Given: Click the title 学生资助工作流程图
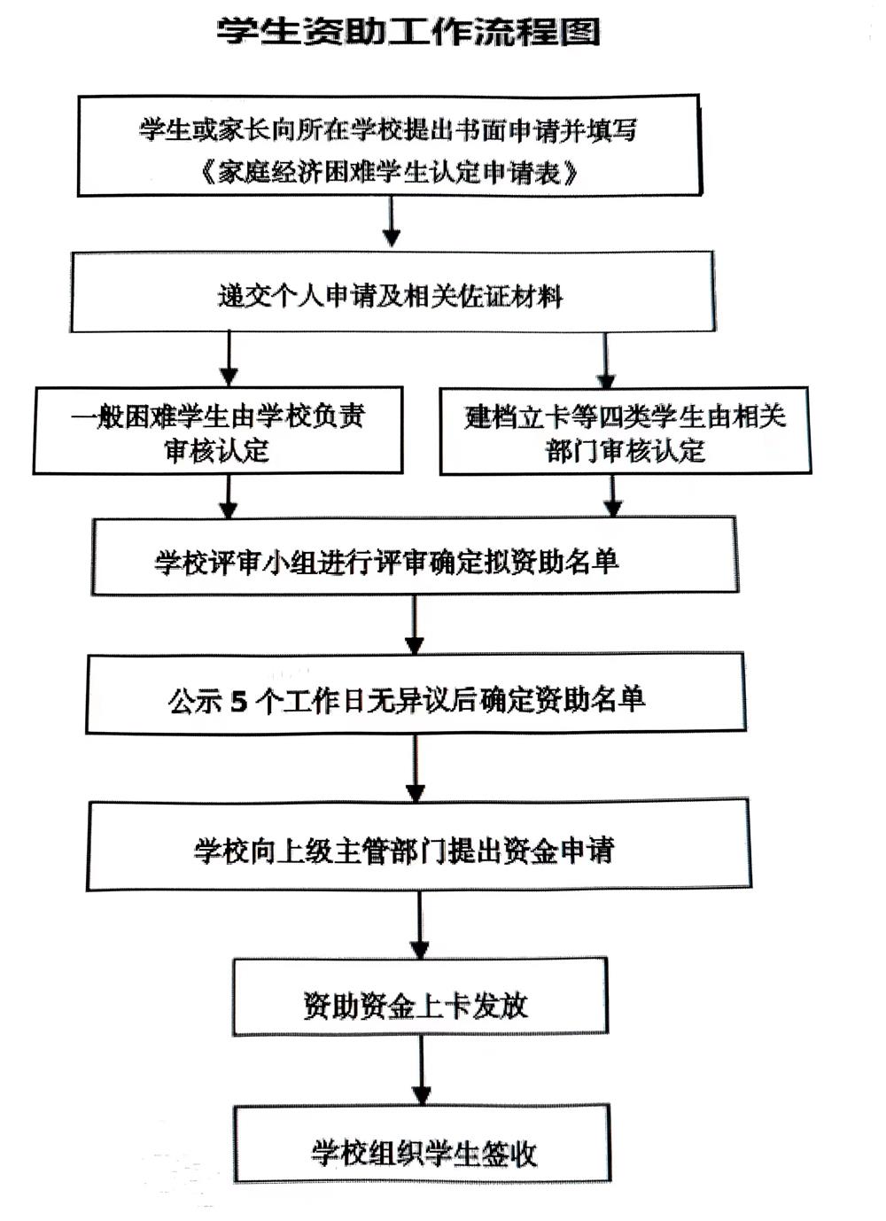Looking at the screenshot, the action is tap(408, 32).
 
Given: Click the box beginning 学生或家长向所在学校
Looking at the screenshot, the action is tap(390, 146).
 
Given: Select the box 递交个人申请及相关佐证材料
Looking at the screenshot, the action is tap(392, 292).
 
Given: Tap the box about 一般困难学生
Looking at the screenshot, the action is tap(218, 431).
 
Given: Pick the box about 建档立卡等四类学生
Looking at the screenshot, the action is tap(625, 432).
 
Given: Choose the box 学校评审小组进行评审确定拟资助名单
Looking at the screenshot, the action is tap(416, 556).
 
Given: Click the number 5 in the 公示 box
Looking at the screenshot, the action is tap(239, 701).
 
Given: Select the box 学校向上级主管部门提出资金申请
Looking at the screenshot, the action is tap(418, 845).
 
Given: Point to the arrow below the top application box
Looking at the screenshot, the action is tap(392, 222).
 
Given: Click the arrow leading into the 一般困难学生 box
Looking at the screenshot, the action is tap(229, 358).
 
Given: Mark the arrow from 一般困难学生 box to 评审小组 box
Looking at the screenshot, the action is tap(229, 496).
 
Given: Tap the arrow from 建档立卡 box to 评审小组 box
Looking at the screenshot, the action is tap(613, 496).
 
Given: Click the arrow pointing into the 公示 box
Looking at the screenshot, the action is tap(416, 625).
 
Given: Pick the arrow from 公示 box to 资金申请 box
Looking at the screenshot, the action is tap(416, 767).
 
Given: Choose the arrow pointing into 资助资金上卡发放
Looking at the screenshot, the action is tap(420, 925).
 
